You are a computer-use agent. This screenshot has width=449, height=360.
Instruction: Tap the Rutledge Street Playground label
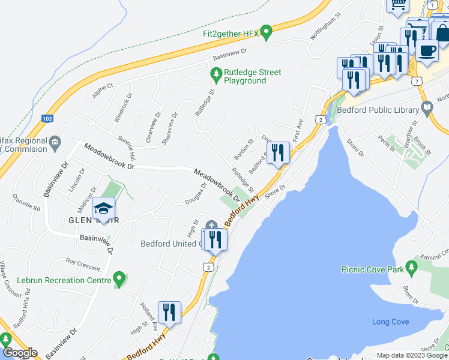[252, 76]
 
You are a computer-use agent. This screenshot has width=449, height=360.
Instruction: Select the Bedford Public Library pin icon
[427, 109]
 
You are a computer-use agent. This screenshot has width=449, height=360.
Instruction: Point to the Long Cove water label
[390, 322]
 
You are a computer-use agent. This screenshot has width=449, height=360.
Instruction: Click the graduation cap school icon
[104, 209]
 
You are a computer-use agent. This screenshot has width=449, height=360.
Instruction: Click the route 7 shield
[416, 80]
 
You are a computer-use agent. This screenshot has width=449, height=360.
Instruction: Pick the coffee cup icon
[427, 52]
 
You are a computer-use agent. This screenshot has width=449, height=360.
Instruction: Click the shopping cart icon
[397, 6]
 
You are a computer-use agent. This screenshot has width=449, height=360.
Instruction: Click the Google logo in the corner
[19, 353]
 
